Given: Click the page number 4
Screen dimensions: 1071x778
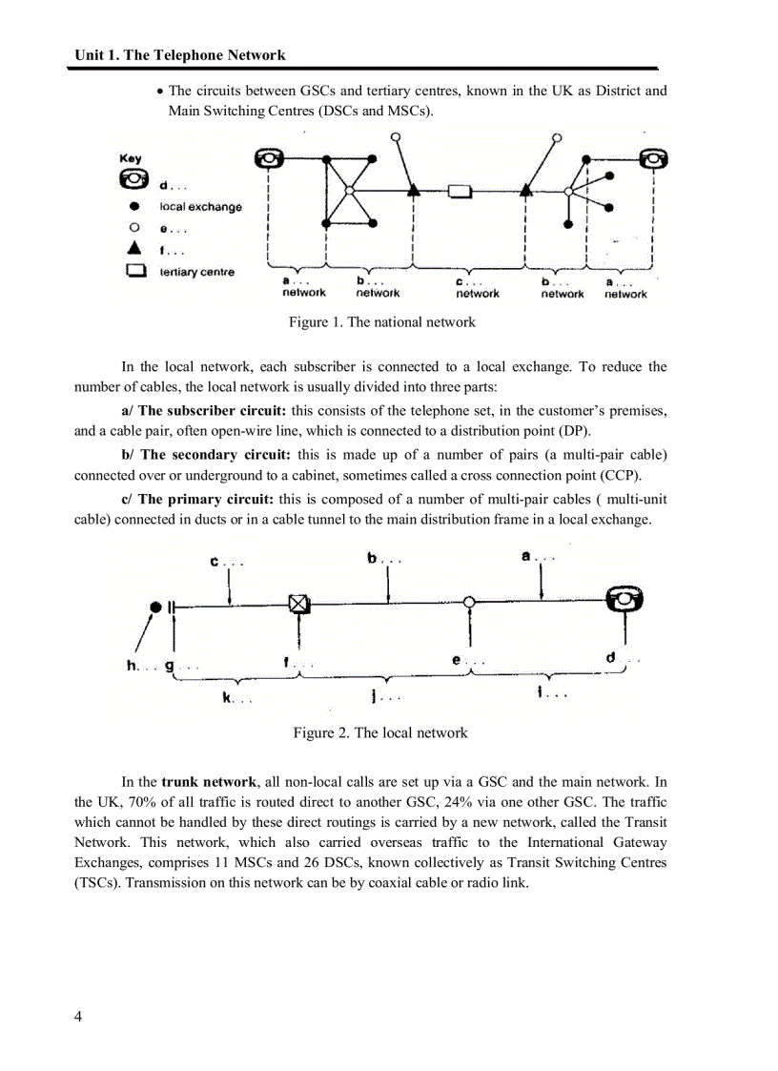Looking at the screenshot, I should pyautogui.click(x=78, y=1016).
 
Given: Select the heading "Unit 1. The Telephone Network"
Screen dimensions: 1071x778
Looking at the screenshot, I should pyautogui.click(x=180, y=55).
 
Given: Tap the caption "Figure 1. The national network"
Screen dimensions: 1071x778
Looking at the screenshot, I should pyautogui.click(x=381, y=322).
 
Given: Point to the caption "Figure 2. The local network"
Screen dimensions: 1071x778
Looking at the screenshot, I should pyautogui.click(x=380, y=732).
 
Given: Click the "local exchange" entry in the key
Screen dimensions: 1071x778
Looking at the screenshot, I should pyautogui.click(x=200, y=207).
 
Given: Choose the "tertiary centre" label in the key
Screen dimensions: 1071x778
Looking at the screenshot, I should pyautogui.click(x=196, y=273).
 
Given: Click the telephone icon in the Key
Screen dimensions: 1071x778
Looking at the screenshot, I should pyautogui.click(x=132, y=177).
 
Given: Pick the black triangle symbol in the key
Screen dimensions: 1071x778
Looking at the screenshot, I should pyautogui.click(x=135, y=250).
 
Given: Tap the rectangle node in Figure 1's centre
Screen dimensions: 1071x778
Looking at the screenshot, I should pyautogui.click(x=461, y=192).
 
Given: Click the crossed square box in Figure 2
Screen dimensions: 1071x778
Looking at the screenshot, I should pyautogui.click(x=299, y=604).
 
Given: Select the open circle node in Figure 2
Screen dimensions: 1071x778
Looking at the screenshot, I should pyautogui.click(x=469, y=603).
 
